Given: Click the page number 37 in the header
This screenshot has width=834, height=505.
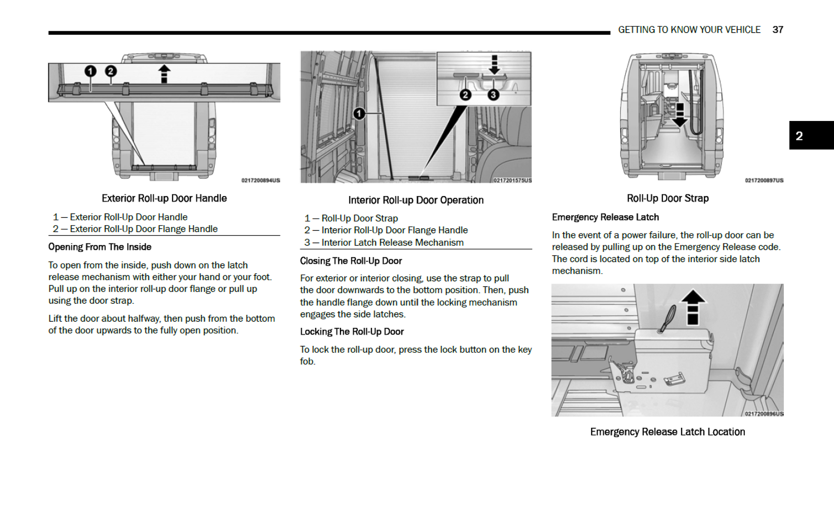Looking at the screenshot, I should pyautogui.click(x=777, y=30).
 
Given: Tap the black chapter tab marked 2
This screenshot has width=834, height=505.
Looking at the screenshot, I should pyautogui.click(x=811, y=136).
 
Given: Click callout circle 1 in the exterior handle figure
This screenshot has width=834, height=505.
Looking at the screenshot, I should pyautogui.click(x=90, y=71).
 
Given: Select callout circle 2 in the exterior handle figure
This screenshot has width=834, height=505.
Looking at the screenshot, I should pyautogui.click(x=111, y=71).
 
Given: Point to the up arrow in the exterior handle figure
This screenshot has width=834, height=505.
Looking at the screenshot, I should pyautogui.click(x=164, y=73).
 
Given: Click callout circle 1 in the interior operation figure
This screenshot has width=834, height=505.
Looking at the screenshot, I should pyautogui.click(x=359, y=114).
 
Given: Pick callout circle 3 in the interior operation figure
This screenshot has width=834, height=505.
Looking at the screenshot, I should pyautogui.click(x=493, y=95).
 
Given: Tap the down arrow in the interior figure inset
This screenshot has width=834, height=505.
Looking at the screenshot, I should pyautogui.click(x=494, y=65).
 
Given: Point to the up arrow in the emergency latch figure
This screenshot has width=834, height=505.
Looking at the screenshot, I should pyautogui.click(x=693, y=307).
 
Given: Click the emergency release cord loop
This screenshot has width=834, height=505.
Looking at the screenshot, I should pyautogui.click(x=668, y=318).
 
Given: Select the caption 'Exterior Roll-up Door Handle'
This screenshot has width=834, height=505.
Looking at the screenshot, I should pyautogui.click(x=164, y=198).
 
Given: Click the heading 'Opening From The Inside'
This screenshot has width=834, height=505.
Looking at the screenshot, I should pyautogui.click(x=100, y=247).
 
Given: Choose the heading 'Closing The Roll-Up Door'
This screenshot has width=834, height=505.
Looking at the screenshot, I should pyautogui.click(x=351, y=261).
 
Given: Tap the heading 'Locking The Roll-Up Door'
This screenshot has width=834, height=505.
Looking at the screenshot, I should pyautogui.click(x=351, y=332).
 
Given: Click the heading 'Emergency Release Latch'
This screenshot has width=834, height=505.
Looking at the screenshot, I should pyautogui.click(x=605, y=217).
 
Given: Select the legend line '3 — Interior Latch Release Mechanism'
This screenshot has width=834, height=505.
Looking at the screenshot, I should pyautogui.click(x=384, y=242).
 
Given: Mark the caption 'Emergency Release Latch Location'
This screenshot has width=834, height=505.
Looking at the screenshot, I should pyautogui.click(x=667, y=432).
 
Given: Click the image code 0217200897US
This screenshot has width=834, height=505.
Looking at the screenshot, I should pyautogui.click(x=764, y=180).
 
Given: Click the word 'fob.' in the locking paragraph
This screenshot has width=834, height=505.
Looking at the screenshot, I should pyautogui.click(x=307, y=361).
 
